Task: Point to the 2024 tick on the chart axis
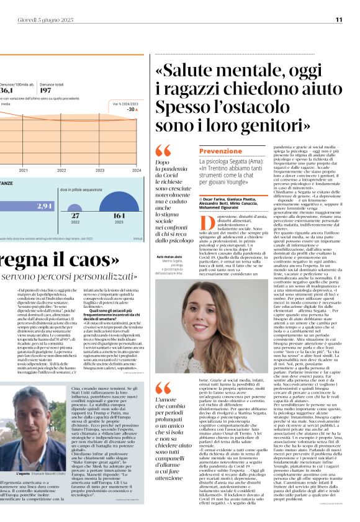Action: click(x=136, y=170)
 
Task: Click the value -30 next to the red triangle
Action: click(x=131, y=109)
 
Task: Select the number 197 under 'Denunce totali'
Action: click(x=48, y=90)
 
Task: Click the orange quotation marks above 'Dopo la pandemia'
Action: click(x=163, y=150)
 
